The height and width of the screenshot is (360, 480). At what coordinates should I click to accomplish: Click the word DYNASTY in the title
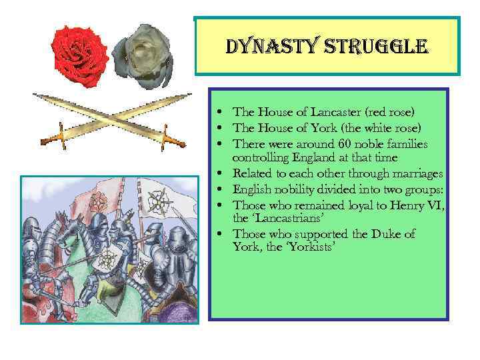(260, 47)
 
